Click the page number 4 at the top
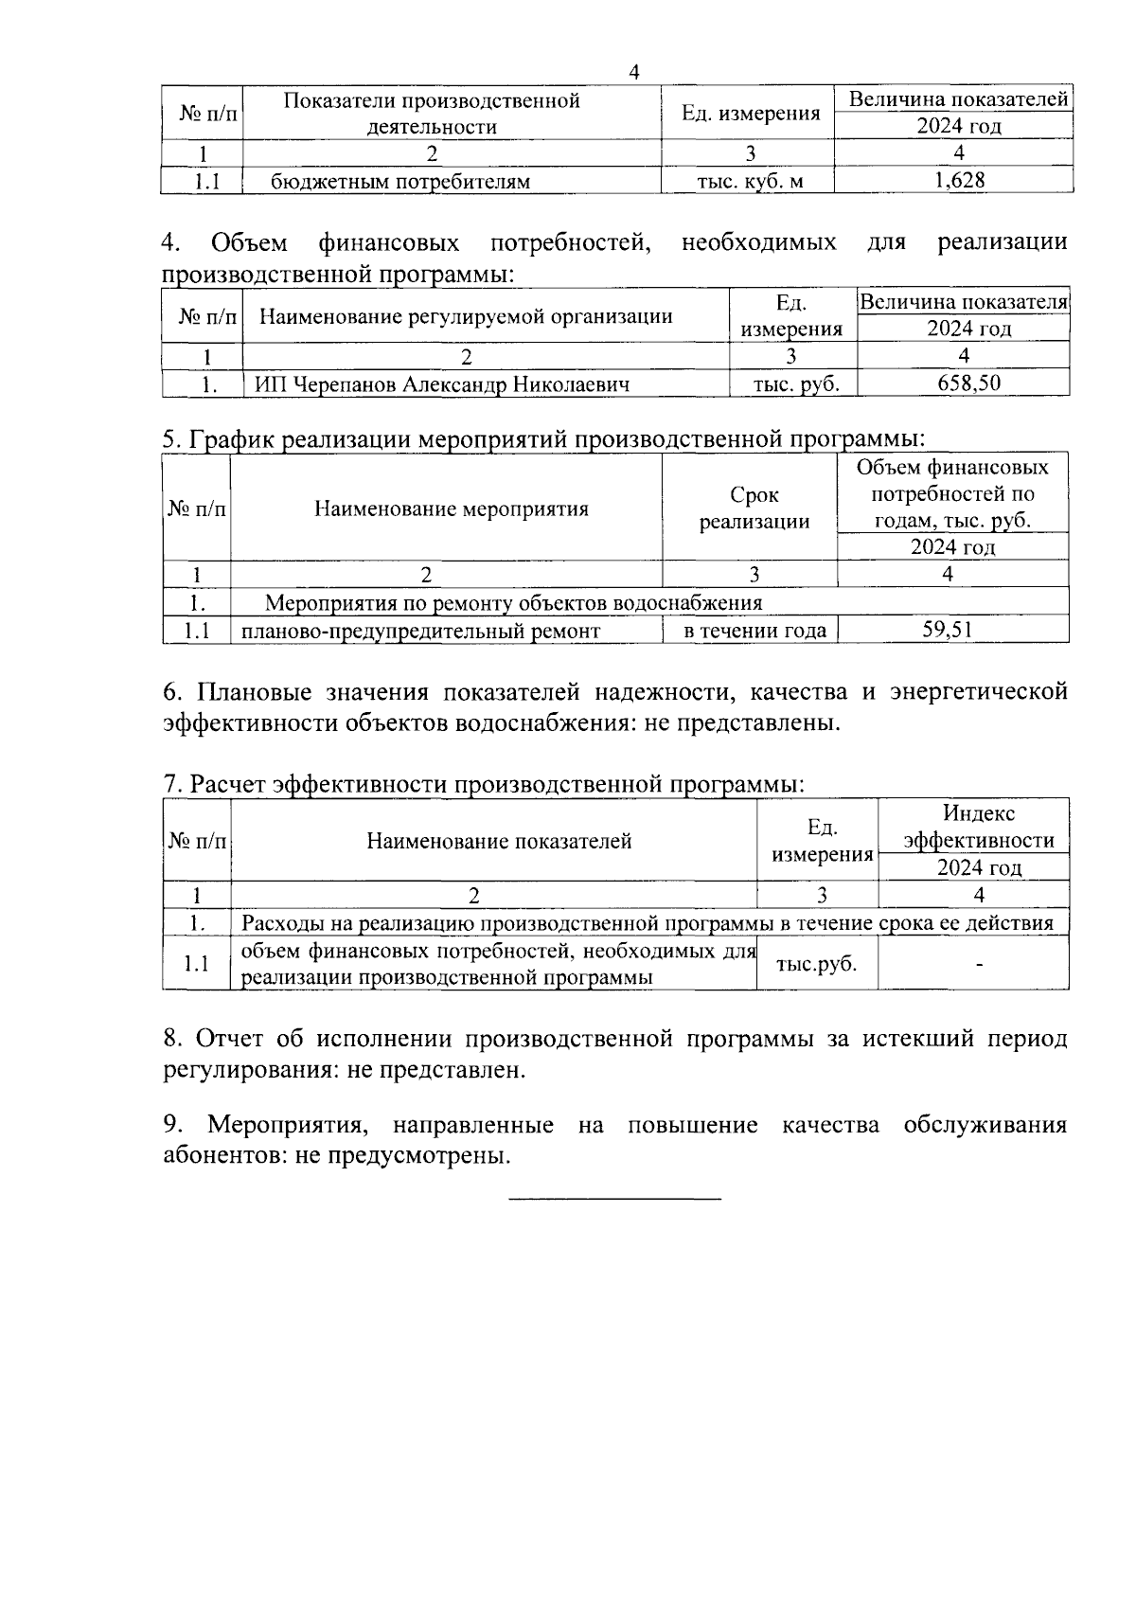pyautogui.click(x=634, y=72)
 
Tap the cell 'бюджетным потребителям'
pyautogui.click(x=400, y=181)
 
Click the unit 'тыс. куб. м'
pyautogui.click(x=750, y=181)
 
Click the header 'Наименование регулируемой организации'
pyautogui.click(x=466, y=316)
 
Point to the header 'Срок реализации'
pyautogui.click(x=754, y=508)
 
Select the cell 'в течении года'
pyautogui.click(x=754, y=631)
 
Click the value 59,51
pyautogui.click(x=948, y=630)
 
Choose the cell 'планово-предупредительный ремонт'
pyautogui.click(x=420, y=631)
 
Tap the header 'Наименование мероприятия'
pyautogui.click(x=451, y=508)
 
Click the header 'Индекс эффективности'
pyautogui.click(x=978, y=827)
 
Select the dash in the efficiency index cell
pyautogui.click(x=979, y=965)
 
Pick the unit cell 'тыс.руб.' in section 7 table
pyautogui.click(x=816, y=964)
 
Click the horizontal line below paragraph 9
pyautogui.click(x=615, y=1200)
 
